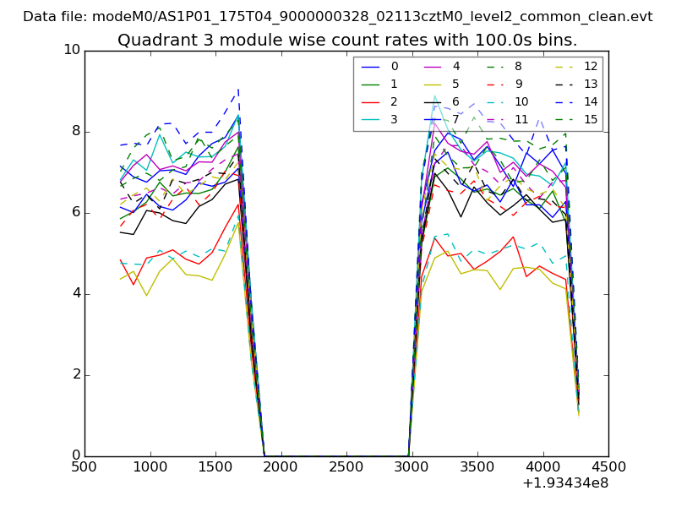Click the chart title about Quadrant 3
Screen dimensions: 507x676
[346, 40]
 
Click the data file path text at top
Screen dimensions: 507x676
[338, 16]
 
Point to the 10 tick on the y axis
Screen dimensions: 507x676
[71, 50]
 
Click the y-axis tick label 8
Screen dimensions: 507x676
[74, 131]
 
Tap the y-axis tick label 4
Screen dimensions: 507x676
[74, 293]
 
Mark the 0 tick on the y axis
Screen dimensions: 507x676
[74, 455]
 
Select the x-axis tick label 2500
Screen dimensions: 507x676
[346, 466]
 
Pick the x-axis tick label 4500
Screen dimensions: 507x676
[608, 466]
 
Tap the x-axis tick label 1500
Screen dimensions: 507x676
[215, 466]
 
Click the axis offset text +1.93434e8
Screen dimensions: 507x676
[566, 483]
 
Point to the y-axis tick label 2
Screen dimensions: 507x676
[74, 374]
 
